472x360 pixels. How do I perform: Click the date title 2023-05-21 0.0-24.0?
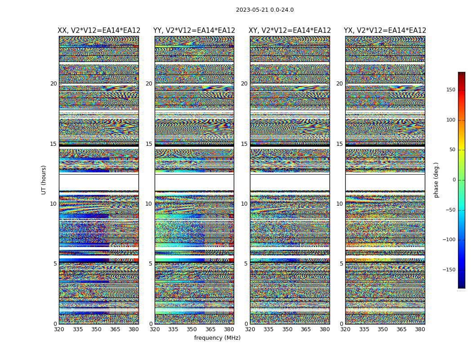click(x=265, y=10)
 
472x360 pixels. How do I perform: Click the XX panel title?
click(x=99, y=31)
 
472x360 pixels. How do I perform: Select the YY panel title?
click(x=194, y=31)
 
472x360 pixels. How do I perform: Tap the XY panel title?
click(x=290, y=31)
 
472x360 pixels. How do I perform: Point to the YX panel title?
click(x=385, y=31)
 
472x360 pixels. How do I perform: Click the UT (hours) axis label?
click(x=44, y=180)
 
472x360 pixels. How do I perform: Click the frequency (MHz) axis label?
click(x=217, y=338)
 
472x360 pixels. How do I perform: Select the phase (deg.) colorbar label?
click(x=436, y=180)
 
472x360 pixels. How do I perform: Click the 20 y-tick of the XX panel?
click(x=53, y=84)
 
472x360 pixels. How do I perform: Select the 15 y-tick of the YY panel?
click(x=149, y=144)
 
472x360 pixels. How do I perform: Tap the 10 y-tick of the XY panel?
click(x=244, y=204)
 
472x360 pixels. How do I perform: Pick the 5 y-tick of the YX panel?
click(x=341, y=264)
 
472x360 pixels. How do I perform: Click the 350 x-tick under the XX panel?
click(x=96, y=329)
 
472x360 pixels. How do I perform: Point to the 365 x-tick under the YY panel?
click(x=210, y=329)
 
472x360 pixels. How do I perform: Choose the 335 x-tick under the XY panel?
click(x=268, y=329)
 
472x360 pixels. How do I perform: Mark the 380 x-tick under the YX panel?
click(x=420, y=329)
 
